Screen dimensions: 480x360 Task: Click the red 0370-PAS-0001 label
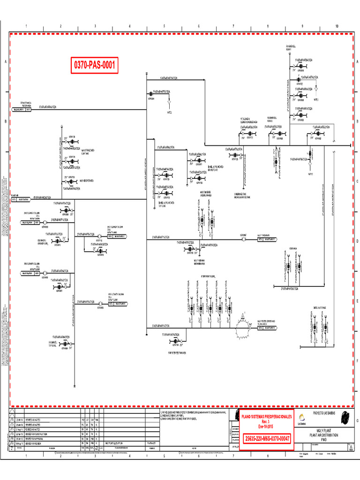pyautogui.click(x=94, y=66)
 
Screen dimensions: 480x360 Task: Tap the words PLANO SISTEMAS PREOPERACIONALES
pyautogui.click(x=266, y=416)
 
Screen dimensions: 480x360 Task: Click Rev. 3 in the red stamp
pyautogui.click(x=266, y=421)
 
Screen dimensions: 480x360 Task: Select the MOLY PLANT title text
pyautogui.click(x=323, y=430)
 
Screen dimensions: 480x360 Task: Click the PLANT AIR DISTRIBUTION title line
pyautogui.click(x=323, y=435)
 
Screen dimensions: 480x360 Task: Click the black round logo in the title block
pyautogui.click(x=345, y=416)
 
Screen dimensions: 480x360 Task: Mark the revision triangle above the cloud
pyautogui.click(x=243, y=316)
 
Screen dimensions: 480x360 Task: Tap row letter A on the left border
pyautogui.click(x=5, y=62)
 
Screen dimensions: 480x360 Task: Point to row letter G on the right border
pyautogui.click(x=357, y=420)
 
